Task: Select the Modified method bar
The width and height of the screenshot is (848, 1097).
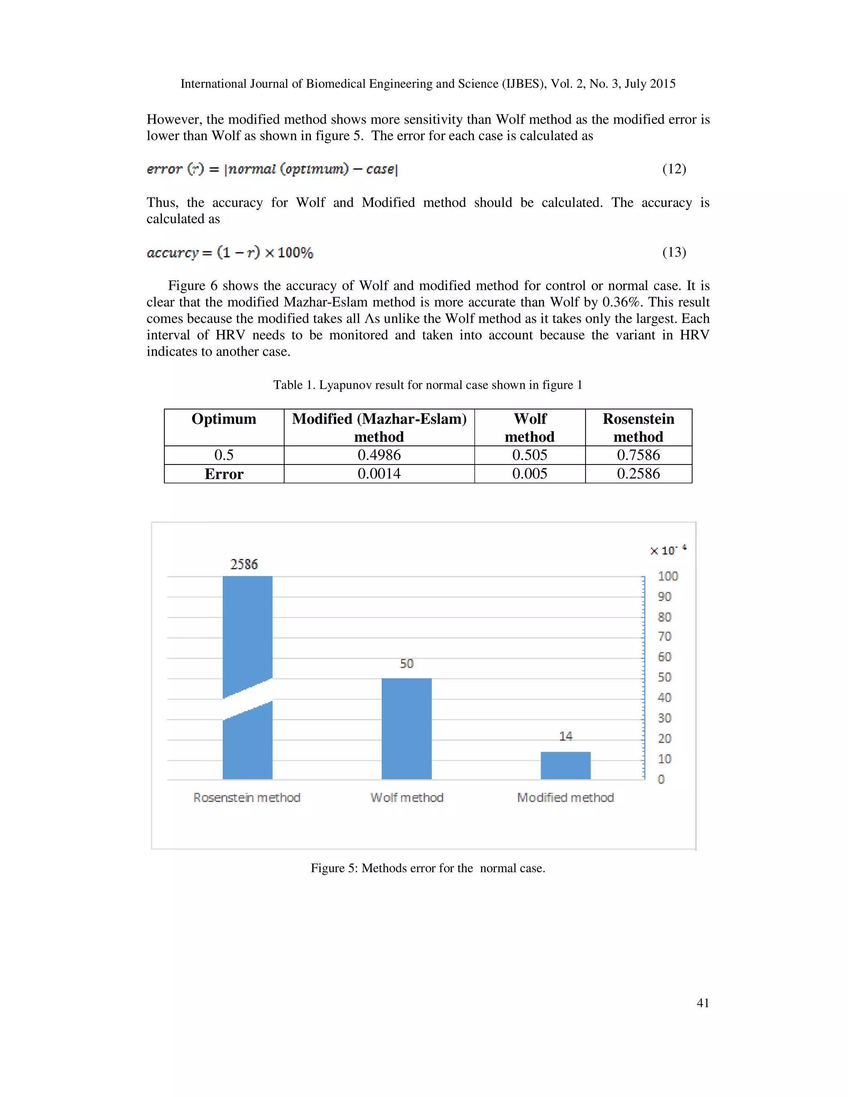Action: pos(565,765)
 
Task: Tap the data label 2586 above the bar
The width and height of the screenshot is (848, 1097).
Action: pos(244,564)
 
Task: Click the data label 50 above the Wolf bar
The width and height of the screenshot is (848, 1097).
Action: pos(407,664)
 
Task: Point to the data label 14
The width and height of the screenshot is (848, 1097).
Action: pos(566,736)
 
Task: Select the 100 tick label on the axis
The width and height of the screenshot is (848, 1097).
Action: pos(667,576)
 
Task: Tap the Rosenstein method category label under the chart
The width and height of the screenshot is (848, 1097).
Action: pos(247,798)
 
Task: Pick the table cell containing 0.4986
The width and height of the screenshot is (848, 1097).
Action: pos(379,455)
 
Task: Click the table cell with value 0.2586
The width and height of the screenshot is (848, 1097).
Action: pos(638,474)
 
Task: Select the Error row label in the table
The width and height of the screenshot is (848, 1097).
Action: pos(224,474)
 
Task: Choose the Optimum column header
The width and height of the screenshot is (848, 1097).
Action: pos(224,419)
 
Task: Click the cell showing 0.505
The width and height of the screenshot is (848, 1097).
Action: pos(530,455)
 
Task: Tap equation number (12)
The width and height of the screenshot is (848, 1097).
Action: pos(674,169)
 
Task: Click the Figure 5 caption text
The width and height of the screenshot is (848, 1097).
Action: pos(427,868)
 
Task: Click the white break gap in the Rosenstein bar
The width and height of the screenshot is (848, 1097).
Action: pos(248,699)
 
